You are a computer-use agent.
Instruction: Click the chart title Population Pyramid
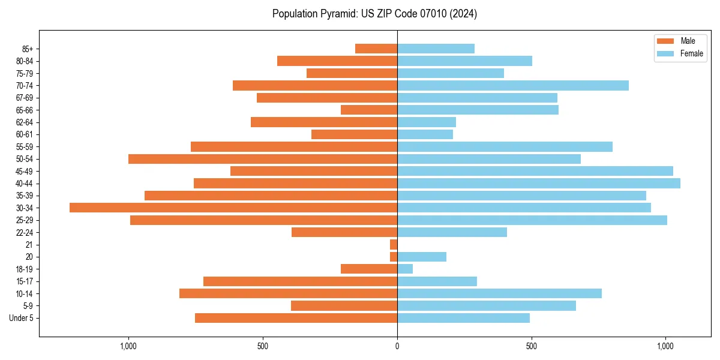click(374, 14)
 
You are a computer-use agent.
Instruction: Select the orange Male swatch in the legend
click(665, 41)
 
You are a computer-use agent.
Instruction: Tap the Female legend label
click(691, 53)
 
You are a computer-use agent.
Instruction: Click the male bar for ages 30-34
click(233, 208)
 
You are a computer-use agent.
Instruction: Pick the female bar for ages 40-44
click(538, 183)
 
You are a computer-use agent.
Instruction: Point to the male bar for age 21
click(394, 244)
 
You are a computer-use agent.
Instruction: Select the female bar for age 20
click(422, 257)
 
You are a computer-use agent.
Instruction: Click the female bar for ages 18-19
click(405, 269)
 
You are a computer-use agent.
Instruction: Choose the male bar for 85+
click(376, 49)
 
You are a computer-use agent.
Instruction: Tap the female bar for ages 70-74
click(513, 85)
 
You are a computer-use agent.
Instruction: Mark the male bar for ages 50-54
click(263, 159)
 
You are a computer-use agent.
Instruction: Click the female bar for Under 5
click(463, 318)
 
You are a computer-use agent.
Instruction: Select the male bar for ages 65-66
click(369, 110)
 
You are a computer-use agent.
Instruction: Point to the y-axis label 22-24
click(25, 232)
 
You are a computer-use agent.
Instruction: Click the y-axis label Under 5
click(21, 318)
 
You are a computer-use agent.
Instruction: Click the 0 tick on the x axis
click(397, 346)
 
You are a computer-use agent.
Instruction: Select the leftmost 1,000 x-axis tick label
click(128, 346)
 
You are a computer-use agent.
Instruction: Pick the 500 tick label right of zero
click(531, 346)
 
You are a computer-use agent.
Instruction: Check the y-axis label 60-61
click(25, 134)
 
